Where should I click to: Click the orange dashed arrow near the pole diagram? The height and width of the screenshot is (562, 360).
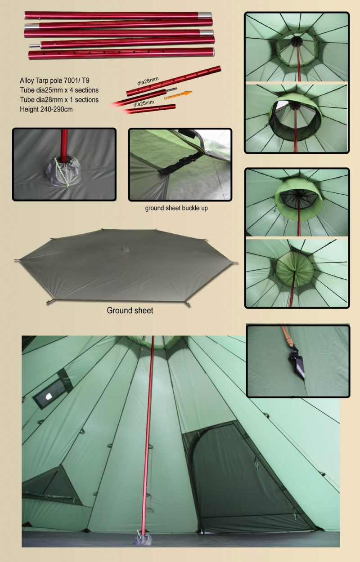[x=178, y=95]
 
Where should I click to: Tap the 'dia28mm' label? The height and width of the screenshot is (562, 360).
[x=148, y=81]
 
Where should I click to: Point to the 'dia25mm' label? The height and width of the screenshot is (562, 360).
[x=144, y=103]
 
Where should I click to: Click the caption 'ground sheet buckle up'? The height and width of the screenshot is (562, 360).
[x=176, y=208]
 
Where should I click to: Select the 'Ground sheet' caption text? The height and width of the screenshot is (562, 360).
[x=130, y=310]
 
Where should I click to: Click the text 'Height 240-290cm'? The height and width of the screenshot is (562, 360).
[x=46, y=109]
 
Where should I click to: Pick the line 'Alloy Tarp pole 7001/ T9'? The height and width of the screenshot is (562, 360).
[x=54, y=80]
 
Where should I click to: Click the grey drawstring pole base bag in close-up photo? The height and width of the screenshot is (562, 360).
[x=63, y=171]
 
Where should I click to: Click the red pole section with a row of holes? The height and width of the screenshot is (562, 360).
[x=121, y=54]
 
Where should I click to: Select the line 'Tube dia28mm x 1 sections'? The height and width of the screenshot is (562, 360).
[x=59, y=100]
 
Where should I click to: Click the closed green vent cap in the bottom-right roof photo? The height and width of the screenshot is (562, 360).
[x=295, y=269]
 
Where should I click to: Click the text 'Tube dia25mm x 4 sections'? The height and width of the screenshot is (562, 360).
[x=59, y=90]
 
